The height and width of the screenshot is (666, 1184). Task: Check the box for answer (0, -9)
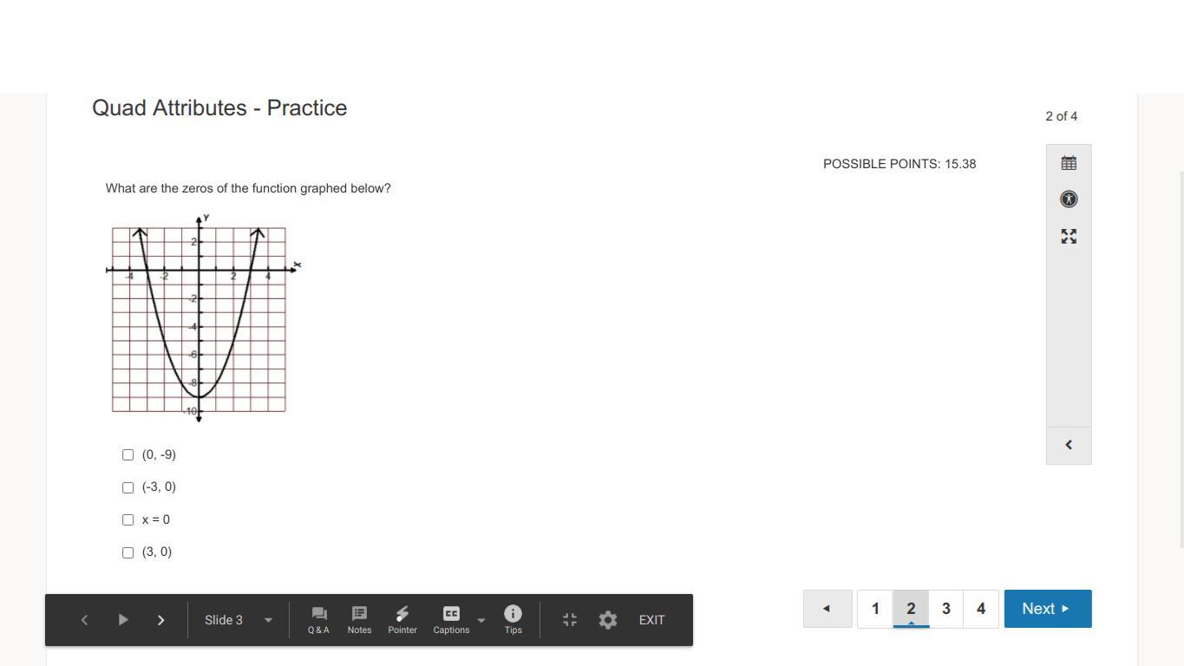click(x=128, y=455)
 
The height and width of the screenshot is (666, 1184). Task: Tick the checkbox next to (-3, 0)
click(x=128, y=487)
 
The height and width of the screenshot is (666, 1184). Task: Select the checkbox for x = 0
click(x=128, y=520)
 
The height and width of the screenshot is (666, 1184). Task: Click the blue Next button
click(x=1048, y=609)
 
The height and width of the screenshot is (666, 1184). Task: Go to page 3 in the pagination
click(x=946, y=609)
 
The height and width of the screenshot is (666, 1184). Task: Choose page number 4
click(x=981, y=609)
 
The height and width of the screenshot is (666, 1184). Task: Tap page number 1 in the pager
click(x=875, y=609)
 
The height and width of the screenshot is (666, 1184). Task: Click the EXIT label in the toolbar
click(x=651, y=620)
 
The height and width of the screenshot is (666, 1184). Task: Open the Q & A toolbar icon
click(x=318, y=619)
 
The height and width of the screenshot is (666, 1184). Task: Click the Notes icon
click(x=359, y=619)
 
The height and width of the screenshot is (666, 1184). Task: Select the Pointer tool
click(x=402, y=619)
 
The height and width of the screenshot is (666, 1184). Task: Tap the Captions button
click(x=451, y=619)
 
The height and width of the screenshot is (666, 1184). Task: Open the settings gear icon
click(x=608, y=620)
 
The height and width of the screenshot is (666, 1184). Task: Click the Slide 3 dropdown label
click(x=224, y=620)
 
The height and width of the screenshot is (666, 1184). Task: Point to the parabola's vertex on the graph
click(x=199, y=396)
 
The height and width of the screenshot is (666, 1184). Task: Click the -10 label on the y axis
click(x=190, y=411)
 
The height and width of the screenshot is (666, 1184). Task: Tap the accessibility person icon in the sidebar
click(x=1069, y=199)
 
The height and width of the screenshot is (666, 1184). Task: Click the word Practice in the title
click(x=307, y=108)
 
